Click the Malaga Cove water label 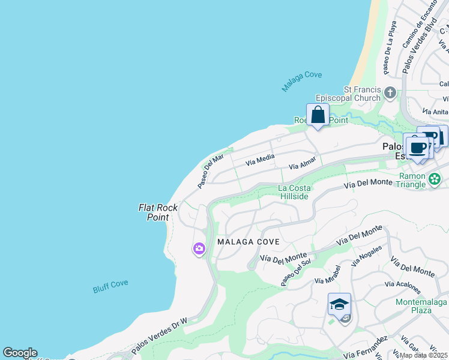(302, 82)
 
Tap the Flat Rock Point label (158, 212)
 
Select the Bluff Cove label (110, 286)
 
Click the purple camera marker (199, 248)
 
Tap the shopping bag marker (318, 115)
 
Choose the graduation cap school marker (339, 305)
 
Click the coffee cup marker (418, 148)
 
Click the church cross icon (390, 93)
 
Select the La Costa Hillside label (294, 192)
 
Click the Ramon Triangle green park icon (435, 179)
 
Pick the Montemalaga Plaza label (422, 306)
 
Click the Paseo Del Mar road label (211, 171)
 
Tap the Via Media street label (260, 160)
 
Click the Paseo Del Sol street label (295, 272)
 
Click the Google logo (20, 353)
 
